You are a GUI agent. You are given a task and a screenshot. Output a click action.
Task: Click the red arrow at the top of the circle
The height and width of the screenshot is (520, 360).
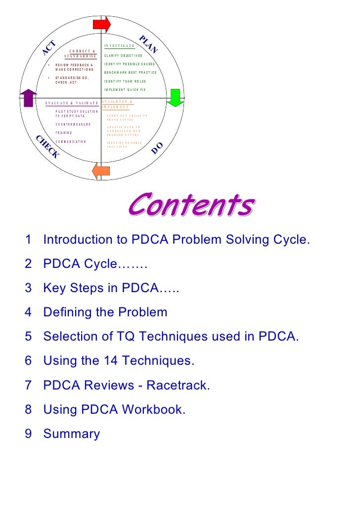click(102, 24)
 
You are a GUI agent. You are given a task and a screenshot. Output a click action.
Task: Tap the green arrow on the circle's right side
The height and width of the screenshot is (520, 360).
click(174, 97)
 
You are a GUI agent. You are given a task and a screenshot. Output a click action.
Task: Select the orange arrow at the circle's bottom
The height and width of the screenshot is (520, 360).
click(101, 171)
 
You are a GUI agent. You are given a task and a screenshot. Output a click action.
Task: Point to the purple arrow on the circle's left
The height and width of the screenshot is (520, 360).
click(29, 97)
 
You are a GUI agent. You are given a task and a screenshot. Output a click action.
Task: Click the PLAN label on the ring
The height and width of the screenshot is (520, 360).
click(147, 44)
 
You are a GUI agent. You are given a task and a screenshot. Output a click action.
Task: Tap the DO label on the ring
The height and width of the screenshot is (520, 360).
click(157, 147)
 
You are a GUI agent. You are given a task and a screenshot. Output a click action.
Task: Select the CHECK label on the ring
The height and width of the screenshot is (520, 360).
click(47, 146)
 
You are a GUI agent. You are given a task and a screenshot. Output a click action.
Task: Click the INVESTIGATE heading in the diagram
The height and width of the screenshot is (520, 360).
click(119, 46)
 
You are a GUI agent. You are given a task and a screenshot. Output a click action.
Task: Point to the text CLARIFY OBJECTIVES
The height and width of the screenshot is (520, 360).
click(123, 55)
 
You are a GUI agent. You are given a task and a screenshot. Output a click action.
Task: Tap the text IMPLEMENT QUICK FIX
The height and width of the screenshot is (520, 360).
click(125, 89)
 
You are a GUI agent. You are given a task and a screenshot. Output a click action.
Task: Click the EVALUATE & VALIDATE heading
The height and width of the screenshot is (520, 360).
click(72, 103)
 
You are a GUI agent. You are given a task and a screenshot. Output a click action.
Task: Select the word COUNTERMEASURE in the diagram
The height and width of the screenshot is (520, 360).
click(73, 124)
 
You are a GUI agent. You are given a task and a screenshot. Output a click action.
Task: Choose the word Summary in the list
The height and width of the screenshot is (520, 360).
click(72, 433)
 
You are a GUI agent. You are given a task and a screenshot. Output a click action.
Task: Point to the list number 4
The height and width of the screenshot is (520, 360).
click(28, 312)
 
